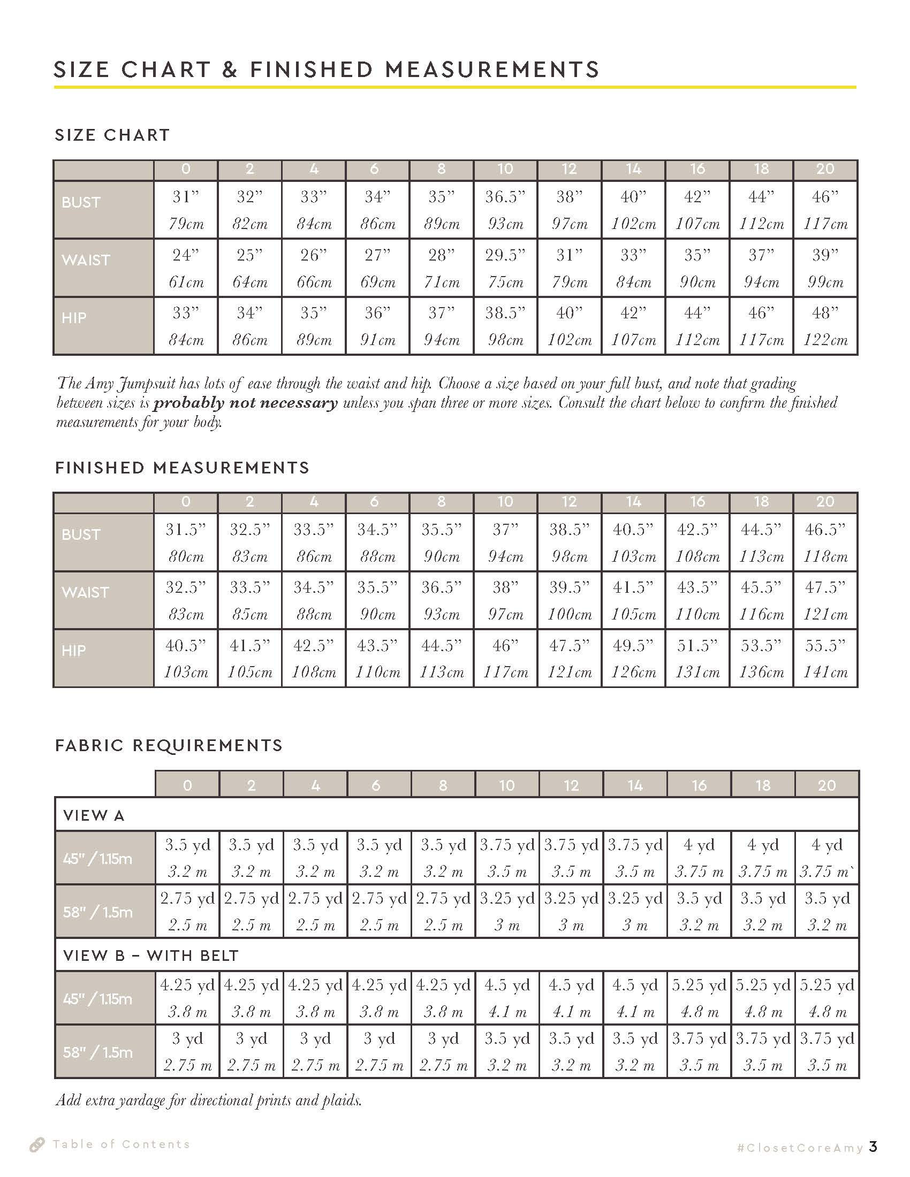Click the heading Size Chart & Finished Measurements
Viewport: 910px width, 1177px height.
(x=326, y=70)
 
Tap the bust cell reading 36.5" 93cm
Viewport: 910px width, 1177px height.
(x=505, y=210)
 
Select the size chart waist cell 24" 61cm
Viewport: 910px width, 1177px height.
(x=186, y=268)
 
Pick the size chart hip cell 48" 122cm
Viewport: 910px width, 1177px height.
(x=825, y=325)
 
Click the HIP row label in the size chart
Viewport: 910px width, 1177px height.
(x=74, y=318)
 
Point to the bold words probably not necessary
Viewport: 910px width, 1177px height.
(x=245, y=402)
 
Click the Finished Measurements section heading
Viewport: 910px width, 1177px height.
(x=182, y=467)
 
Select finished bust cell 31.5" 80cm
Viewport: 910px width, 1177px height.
(x=186, y=542)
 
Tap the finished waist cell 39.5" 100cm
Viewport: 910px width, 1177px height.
(x=570, y=600)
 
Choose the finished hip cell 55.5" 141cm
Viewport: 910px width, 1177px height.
(x=825, y=658)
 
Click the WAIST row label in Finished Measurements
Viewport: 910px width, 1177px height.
(x=85, y=592)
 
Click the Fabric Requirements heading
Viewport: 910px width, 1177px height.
(x=169, y=745)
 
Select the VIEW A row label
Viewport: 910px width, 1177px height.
(x=94, y=815)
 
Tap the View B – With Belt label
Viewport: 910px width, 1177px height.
(x=150, y=956)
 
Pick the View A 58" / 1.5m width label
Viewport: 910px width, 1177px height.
(x=97, y=912)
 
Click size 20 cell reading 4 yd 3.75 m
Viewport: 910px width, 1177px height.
(x=826, y=858)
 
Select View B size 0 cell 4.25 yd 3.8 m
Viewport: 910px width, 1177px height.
(x=187, y=998)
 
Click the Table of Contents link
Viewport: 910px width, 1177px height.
(x=120, y=1144)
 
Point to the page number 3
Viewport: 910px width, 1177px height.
(x=873, y=1147)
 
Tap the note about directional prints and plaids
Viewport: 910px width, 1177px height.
(x=209, y=1100)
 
